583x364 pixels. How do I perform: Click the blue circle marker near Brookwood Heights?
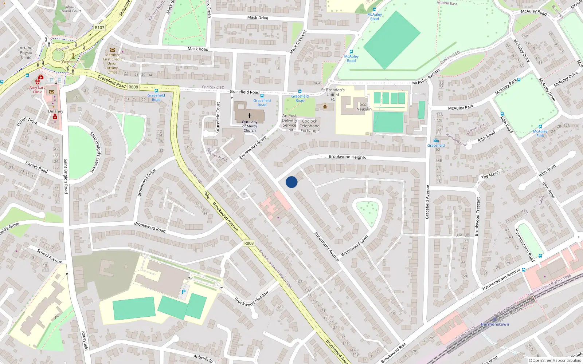[x=291, y=182]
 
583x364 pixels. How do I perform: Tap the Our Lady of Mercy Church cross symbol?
[x=250, y=115]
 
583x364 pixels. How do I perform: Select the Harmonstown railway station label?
[x=494, y=324]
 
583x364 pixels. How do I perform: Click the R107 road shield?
[x=99, y=27]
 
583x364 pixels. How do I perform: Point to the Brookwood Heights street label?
[x=347, y=157]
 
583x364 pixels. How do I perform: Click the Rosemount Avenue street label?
[x=326, y=246]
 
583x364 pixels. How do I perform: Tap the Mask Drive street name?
[x=257, y=17]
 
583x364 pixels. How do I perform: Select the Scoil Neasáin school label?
[x=364, y=107]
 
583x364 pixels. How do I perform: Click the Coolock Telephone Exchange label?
[x=309, y=126]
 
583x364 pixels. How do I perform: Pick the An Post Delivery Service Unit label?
[x=289, y=123]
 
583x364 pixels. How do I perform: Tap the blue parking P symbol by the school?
[x=184, y=292]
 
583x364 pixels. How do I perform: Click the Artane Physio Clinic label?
[x=26, y=52]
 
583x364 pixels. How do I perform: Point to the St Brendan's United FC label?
[x=333, y=94]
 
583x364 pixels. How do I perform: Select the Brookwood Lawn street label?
[x=355, y=246]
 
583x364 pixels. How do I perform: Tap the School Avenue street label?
[x=50, y=256]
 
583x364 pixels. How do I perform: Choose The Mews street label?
[x=490, y=175]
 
